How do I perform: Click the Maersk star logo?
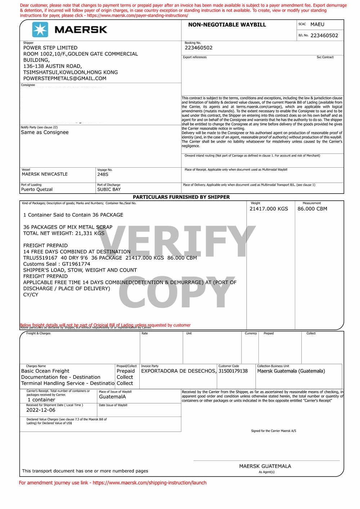40,29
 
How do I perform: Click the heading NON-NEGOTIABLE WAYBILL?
227,25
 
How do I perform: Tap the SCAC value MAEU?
317,24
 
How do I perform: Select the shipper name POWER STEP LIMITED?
50,48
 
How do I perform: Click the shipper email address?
65,78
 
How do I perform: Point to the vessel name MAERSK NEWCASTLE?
45,174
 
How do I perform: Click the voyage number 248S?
103,174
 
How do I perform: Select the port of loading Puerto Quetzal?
37,190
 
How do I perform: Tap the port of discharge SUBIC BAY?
109,190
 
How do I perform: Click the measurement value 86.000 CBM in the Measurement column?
312,209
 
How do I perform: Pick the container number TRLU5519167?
40,258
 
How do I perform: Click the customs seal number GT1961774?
76,264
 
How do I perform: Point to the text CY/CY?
31,295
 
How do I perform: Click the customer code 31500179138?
233,371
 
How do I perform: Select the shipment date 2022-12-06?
41,410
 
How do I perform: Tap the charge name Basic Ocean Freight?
45,371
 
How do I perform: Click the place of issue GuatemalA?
112,397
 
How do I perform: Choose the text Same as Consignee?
45,132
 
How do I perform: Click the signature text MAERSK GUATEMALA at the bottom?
265,466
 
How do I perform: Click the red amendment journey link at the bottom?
113,483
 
